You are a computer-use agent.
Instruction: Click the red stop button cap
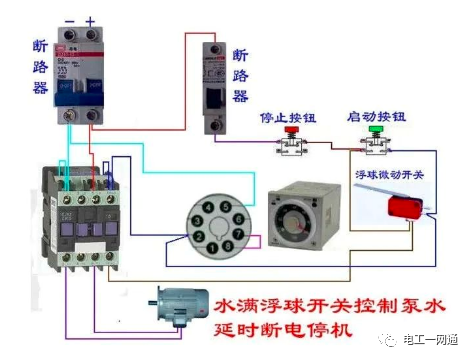click(x=293, y=130)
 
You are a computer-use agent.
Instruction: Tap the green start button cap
click(x=375, y=129)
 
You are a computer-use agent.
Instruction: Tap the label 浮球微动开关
click(x=390, y=173)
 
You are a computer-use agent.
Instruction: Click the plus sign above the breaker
click(x=90, y=20)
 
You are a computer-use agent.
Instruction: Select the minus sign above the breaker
click(x=69, y=20)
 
